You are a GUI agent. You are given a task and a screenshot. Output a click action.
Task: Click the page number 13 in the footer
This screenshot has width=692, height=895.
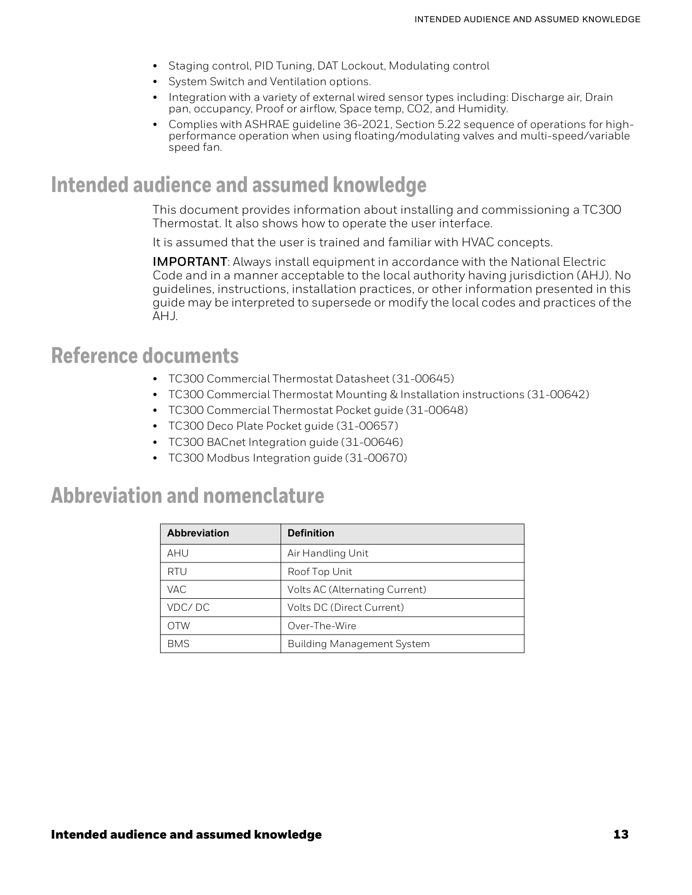(x=621, y=834)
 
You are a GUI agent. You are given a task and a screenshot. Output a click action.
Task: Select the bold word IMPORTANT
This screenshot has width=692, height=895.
(x=189, y=262)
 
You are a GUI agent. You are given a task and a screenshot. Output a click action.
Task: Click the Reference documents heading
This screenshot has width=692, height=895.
(x=145, y=356)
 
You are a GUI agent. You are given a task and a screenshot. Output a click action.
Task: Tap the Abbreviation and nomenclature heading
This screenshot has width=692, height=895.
(x=187, y=496)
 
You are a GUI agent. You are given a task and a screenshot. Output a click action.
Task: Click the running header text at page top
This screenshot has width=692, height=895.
(x=527, y=20)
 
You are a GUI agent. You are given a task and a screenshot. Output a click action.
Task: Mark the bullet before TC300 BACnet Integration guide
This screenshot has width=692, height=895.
(x=156, y=443)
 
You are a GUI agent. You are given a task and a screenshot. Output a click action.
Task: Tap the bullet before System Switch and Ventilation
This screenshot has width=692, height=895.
(x=156, y=82)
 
